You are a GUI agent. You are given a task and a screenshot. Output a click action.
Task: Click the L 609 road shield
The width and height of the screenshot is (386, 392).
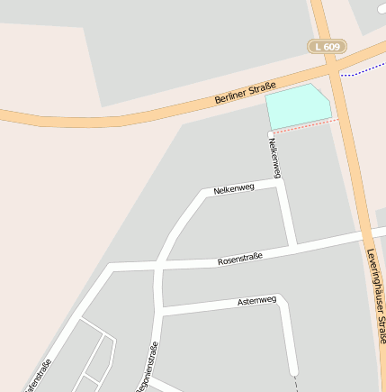pos(327,47)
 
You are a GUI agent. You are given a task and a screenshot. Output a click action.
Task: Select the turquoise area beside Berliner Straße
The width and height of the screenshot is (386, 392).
pos(298,106)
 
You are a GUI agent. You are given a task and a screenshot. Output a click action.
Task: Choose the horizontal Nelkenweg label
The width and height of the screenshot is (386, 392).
pos(234,188)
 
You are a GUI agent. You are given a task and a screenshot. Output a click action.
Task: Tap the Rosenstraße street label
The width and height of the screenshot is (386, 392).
pos(240,260)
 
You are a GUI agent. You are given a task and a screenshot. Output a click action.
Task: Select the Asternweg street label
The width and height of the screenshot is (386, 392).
pos(256,300)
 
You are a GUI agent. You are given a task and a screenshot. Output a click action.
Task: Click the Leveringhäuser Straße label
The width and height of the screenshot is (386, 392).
pos(375,297)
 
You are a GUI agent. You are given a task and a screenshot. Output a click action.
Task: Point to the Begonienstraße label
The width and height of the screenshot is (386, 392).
pos(148,368)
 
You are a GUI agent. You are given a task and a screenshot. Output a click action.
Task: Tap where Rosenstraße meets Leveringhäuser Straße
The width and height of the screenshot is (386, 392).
pos(362,236)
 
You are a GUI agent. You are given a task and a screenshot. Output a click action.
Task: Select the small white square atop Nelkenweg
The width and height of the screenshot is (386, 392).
pos(271,134)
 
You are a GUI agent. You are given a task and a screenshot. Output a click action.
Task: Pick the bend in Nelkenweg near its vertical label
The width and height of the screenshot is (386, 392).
pos(280,186)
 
